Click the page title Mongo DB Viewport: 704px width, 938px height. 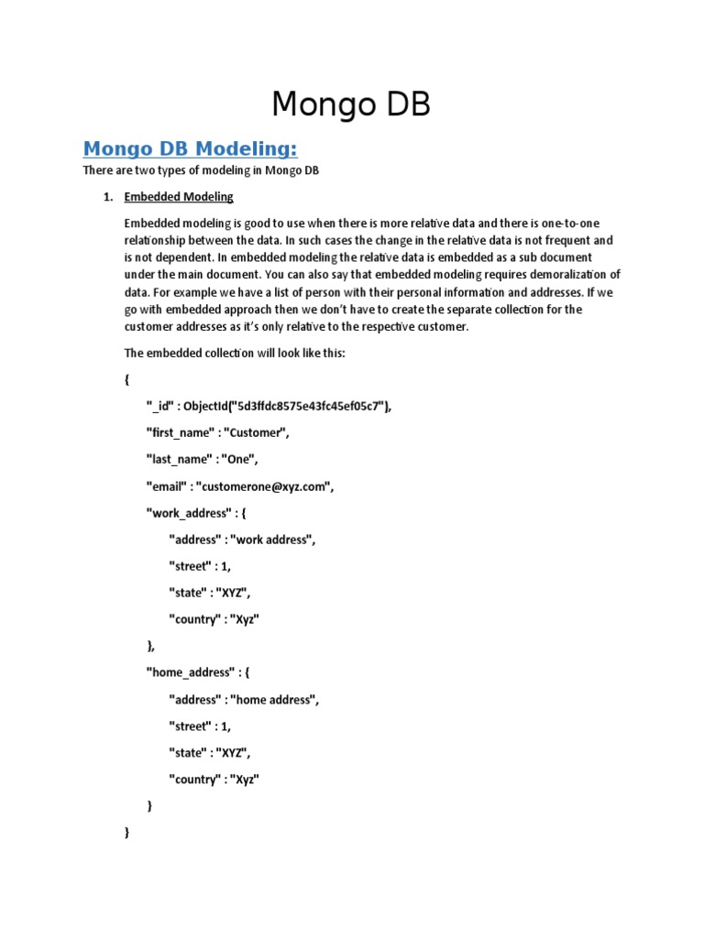(x=351, y=104)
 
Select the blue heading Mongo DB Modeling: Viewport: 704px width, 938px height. (x=191, y=148)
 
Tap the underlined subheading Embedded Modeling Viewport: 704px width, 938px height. (x=179, y=197)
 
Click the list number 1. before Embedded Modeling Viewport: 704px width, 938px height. (x=106, y=197)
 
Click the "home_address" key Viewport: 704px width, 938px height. (x=192, y=672)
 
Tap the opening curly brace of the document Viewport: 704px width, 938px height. (x=126, y=379)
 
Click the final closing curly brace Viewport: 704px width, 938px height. (x=126, y=833)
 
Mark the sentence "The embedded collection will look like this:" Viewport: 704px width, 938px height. (x=234, y=354)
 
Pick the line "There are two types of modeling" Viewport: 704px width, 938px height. (x=200, y=171)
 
